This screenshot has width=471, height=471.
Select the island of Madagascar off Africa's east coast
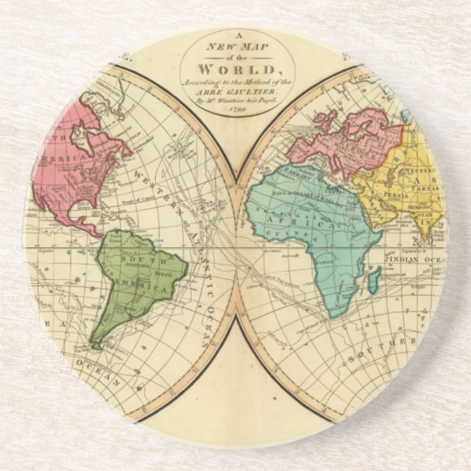[374, 276]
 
